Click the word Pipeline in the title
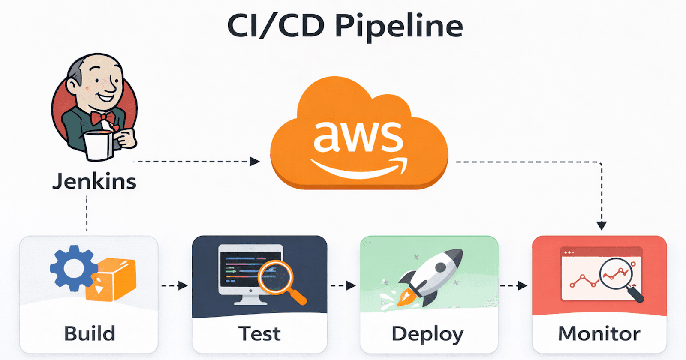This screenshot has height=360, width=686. (399, 27)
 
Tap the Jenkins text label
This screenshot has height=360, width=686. (94, 182)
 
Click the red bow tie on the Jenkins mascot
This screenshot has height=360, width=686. (103, 117)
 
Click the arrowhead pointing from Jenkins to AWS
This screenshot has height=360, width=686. (255, 162)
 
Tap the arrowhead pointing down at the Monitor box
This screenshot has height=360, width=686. (602, 225)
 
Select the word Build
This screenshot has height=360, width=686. (90, 333)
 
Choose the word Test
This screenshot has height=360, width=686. (259, 333)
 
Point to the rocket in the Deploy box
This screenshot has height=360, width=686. (429, 276)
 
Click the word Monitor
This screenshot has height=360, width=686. (599, 333)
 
